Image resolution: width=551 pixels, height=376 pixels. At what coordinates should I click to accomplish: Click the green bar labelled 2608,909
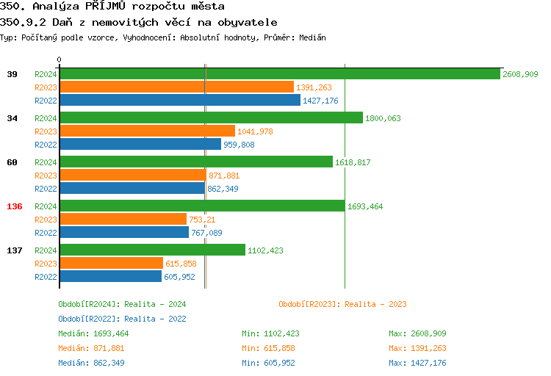[x=279, y=74]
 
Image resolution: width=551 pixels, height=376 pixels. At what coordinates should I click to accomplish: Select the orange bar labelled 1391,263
[x=176, y=87]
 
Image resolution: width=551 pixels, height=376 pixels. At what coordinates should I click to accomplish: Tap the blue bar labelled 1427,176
[x=179, y=101]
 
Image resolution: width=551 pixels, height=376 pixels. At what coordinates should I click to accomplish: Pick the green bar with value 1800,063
[x=211, y=118]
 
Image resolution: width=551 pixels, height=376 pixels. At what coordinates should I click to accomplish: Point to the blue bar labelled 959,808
[x=140, y=145]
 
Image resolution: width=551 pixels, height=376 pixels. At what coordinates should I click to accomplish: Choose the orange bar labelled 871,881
[x=132, y=176]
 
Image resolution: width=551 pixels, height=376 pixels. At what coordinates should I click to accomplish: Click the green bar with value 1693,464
[x=202, y=206]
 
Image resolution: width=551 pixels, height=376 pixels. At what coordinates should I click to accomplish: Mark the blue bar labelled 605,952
[x=110, y=277]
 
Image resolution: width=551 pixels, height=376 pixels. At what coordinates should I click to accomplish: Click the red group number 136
[x=15, y=206]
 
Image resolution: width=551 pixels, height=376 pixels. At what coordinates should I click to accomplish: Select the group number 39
[x=12, y=74]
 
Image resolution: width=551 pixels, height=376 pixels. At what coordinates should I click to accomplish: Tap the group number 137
[x=15, y=250]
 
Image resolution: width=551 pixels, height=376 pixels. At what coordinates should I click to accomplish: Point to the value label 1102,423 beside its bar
[x=265, y=250]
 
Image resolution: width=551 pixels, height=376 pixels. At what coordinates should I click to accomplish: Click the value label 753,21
[x=202, y=220]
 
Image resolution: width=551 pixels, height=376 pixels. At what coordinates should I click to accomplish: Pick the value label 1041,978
[x=255, y=131]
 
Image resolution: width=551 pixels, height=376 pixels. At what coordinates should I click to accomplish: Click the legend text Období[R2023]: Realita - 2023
[x=342, y=304]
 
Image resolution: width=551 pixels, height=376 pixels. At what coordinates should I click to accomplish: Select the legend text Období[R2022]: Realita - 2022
[x=122, y=319]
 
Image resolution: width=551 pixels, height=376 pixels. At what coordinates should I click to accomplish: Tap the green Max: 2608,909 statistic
[x=417, y=333]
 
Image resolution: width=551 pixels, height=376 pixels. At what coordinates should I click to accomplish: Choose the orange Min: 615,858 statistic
[x=270, y=348]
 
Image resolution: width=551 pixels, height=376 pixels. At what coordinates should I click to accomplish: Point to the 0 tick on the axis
[x=60, y=59]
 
